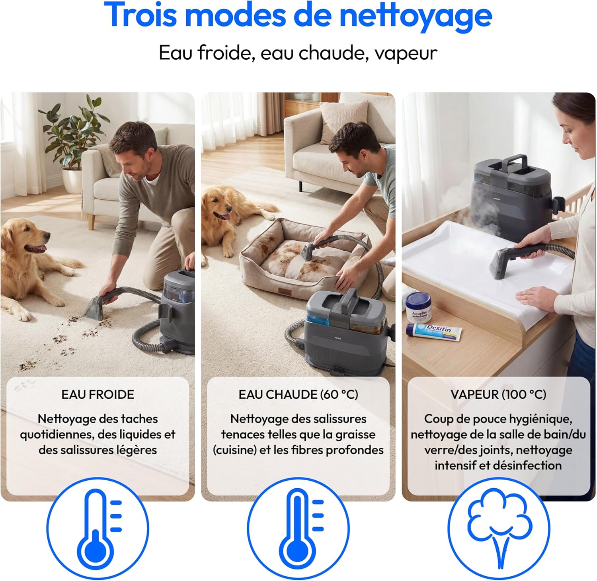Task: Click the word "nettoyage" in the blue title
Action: click(x=416, y=16)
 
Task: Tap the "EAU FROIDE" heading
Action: click(x=98, y=394)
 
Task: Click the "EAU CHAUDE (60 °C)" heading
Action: click(x=298, y=394)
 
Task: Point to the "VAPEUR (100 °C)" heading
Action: click(x=498, y=394)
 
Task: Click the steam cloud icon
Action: click(x=499, y=528)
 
